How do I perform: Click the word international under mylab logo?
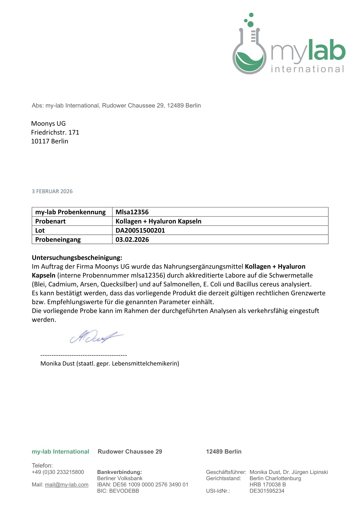[x=307, y=69]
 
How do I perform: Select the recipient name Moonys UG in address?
[x=48, y=123]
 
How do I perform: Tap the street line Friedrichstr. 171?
[x=55, y=132]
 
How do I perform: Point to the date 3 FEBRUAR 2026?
[x=52, y=191]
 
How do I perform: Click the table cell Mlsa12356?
[x=132, y=212]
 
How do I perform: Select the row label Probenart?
[x=51, y=221]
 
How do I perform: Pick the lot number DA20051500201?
[x=140, y=230]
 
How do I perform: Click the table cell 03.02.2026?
[x=132, y=240]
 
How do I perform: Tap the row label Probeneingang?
[x=58, y=240]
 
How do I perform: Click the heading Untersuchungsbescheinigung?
[x=77, y=258]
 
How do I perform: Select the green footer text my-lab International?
[x=61, y=452]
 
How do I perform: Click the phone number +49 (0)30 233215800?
[x=58, y=472]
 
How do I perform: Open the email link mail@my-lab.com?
[x=67, y=485]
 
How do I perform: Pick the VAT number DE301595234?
[x=267, y=491]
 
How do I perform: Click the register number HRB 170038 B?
[x=267, y=485]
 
